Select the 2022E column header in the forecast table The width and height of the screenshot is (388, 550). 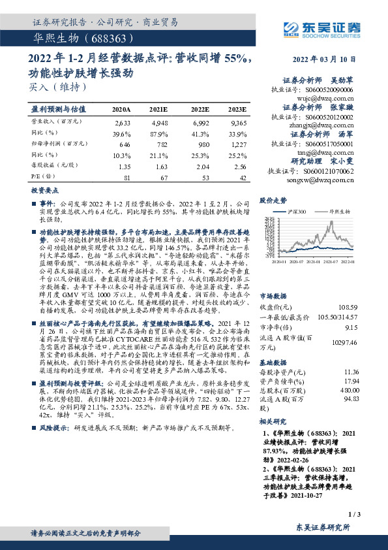(200, 109)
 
